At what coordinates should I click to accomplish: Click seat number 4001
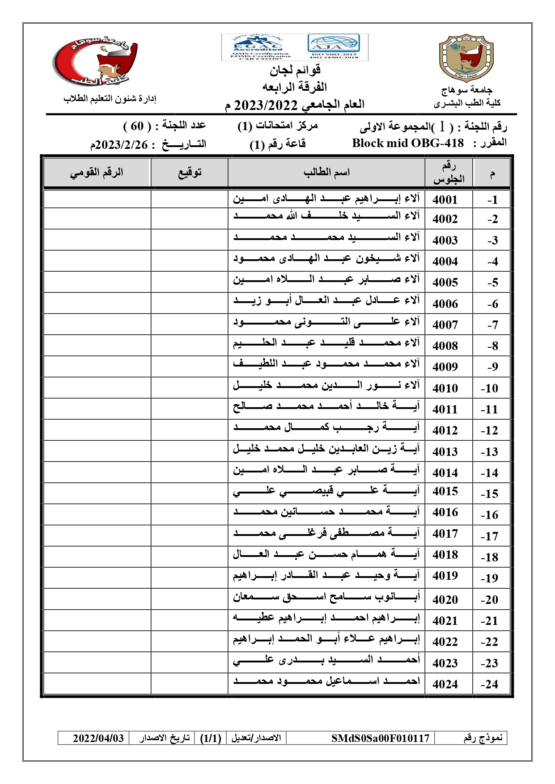click(x=445, y=199)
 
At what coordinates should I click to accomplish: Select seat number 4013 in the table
click(x=445, y=451)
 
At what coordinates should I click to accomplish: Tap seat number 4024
click(x=445, y=684)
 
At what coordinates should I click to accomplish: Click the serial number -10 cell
click(x=489, y=388)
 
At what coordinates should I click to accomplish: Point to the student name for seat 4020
click(x=326, y=598)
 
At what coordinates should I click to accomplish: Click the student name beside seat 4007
click(x=326, y=322)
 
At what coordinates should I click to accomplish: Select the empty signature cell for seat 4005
click(x=189, y=282)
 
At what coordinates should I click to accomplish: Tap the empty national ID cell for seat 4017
click(x=97, y=535)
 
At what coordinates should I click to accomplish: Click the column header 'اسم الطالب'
click(x=326, y=172)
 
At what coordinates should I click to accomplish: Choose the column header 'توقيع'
click(x=190, y=172)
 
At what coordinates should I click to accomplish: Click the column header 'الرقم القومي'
click(x=97, y=172)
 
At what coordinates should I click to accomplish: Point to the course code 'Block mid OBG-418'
click(x=408, y=143)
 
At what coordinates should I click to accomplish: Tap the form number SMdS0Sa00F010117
click(x=380, y=738)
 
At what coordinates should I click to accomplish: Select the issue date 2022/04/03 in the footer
click(x=98, y=738)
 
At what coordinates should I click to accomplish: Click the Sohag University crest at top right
click(x=466, y=58)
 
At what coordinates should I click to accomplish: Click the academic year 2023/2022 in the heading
click(x=266, y=105)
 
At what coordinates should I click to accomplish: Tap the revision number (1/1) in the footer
click(x=211, y=738)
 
